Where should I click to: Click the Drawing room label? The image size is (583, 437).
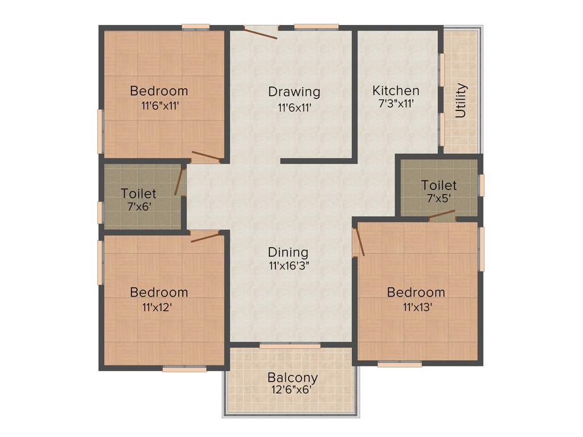(x=294, y=91)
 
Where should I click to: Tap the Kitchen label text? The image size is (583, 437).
(x=396, y=90)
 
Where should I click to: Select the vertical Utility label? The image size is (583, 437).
(x=461, y=101)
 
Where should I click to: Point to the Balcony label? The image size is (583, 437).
(x=293, y=377)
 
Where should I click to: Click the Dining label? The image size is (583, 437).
(x=288, y=252)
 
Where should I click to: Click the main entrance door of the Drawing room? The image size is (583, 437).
(x=261, y=32)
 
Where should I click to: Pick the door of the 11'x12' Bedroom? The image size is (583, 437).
(x=204, y=237)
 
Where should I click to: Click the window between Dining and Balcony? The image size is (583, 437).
(x=290, y=345)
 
